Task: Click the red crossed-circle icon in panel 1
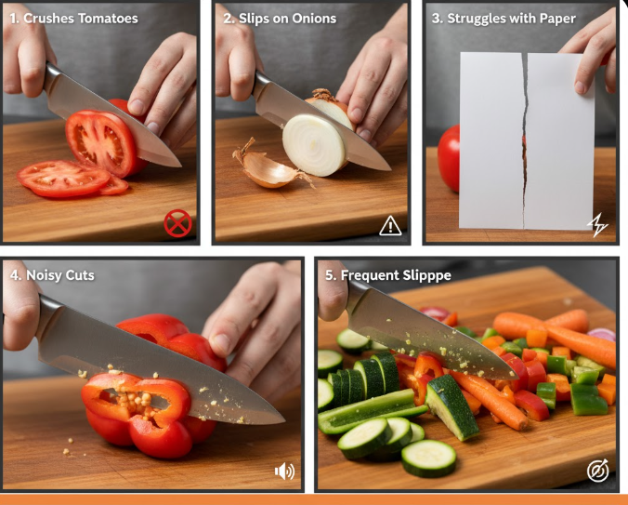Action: [x=177, y=223]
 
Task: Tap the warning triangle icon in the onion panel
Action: [x=390, y=226]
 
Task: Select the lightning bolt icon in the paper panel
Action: [x=597, y=225]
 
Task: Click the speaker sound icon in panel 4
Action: [x=285, y=471]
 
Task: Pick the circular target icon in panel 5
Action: [x=598, y=471]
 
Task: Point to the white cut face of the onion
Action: [x=314, y=145]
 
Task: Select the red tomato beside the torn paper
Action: [x=449, y=158]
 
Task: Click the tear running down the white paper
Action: [x=525, y=140]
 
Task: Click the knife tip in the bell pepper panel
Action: [x=283, y=420]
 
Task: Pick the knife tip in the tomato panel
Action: [x=180, y=166]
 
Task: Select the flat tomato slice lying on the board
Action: [x=63, y=179]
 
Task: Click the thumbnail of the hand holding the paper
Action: [x=580, y=87]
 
